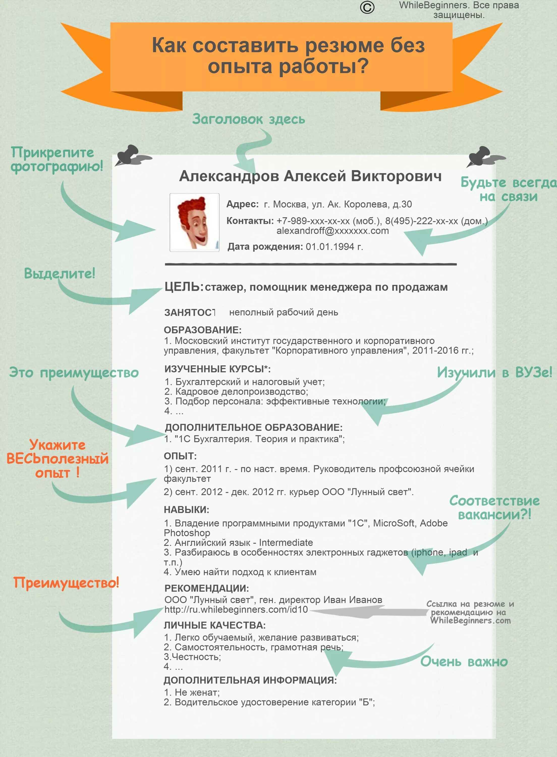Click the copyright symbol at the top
367,7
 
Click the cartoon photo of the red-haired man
194,222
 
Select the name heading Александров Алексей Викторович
310,176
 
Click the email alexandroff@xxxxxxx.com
332,231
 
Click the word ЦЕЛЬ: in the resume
184,287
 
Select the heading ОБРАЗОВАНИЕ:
203,330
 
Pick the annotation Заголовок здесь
248,119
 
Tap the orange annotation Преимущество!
66,583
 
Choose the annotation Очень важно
464,662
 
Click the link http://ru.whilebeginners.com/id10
236,610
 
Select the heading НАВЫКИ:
186,509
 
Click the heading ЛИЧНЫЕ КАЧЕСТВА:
215,625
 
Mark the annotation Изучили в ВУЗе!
494,373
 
